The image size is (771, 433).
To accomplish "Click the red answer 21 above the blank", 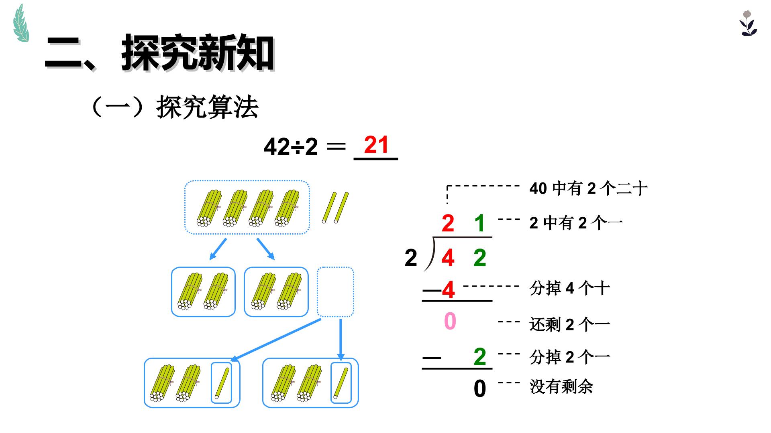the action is click(x=376, y=145).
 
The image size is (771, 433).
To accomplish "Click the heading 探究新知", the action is click(x=198, y=53).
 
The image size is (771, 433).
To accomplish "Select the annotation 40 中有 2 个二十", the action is click(x=588, y=188).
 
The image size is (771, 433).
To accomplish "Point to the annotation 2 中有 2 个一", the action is click(x=576, y=223).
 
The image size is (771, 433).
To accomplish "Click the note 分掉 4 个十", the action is click(x=570, y=288).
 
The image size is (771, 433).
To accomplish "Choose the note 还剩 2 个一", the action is click(x=570, y=324).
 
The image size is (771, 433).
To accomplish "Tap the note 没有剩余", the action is click(x=561, y=387).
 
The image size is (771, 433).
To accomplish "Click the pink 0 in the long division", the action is click(x=450, y=321).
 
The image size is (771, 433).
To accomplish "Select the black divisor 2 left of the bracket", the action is click(x=411, y=258).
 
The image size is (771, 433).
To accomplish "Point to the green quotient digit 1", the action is click(x=479, y=223).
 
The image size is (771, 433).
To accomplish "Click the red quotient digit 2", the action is click(x=448, y=223).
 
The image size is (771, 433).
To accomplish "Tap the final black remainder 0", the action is click(x=480, y=388).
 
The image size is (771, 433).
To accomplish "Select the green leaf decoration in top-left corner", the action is click(x=21, y=23).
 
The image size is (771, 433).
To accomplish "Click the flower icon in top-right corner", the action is click(x=748, y=23).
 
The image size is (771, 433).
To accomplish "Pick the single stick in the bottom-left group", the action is click(x=222, y=383).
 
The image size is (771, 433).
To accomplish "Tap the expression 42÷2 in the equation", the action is click(x=291, y=147).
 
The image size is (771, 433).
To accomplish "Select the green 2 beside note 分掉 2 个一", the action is click(x=480, y=356).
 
